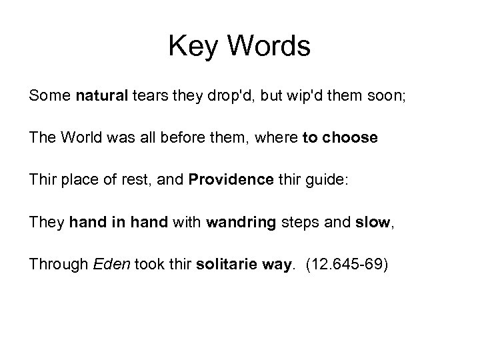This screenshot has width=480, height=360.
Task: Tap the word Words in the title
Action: click(270, 47)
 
